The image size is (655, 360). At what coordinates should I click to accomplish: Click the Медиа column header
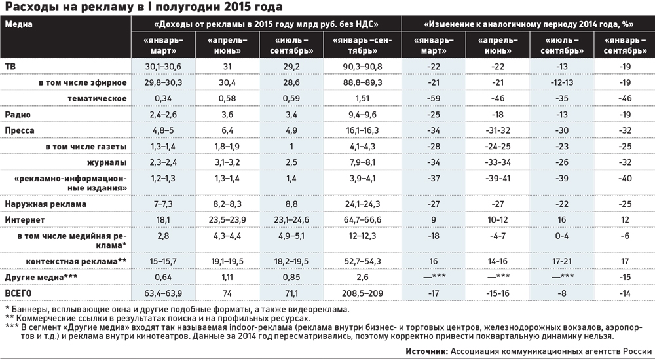pyautogui.click(x=18, y=24)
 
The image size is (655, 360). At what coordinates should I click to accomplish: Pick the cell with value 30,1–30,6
pyautogui.click(x=163, y=67)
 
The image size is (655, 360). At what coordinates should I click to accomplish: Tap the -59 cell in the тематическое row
pyautogui.click(x=430, y=98)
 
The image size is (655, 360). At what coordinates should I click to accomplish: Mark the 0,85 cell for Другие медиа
pyautogui.click(x=292, y=276)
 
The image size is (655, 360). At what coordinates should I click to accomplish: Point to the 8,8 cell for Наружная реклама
pyautogui.click(x=292, y=204)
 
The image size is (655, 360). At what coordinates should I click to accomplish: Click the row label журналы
pyautogui.click(x=109, y=161)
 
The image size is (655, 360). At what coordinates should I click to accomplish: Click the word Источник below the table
pyautogui.click(x=426, y=351)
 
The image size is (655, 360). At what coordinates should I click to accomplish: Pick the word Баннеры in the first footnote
pyautogui.click(x=30, y=308)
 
